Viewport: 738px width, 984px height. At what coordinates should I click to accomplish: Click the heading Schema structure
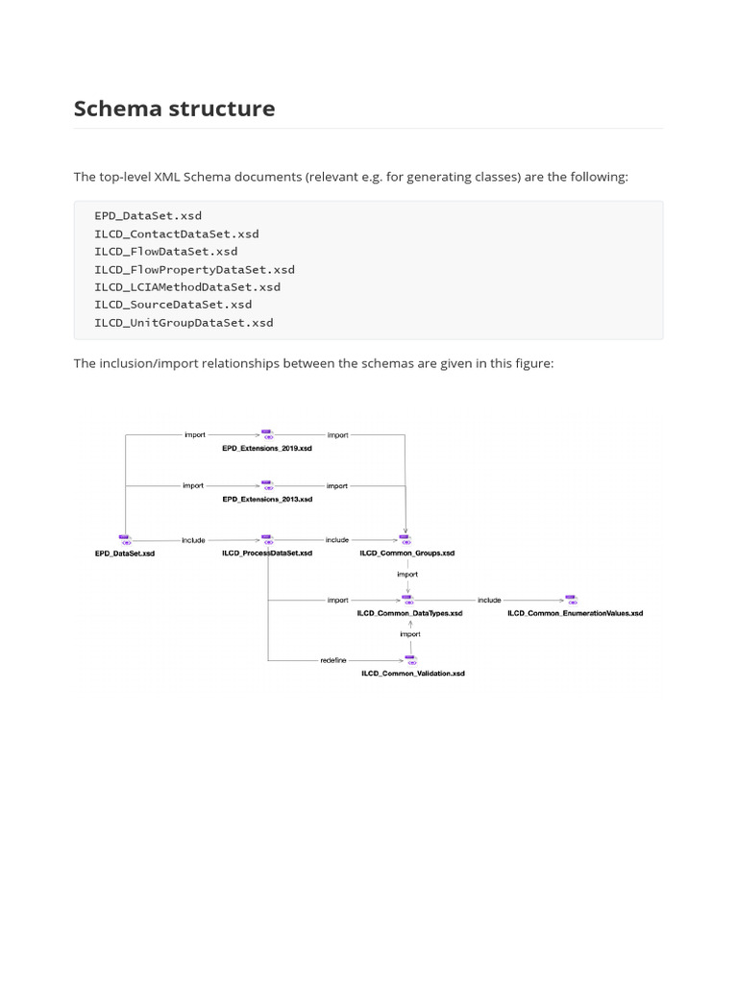click(174, 109)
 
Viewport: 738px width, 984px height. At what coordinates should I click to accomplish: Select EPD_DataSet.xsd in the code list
click(148, 215)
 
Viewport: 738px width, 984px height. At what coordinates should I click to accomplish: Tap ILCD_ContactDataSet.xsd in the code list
click(176, 234)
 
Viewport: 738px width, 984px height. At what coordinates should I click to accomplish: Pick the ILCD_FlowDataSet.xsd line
click(165, 251)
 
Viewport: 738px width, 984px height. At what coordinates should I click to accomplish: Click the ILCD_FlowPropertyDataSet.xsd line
click(194, 269)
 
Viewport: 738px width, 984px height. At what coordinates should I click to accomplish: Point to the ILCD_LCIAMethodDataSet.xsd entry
click(187, 286)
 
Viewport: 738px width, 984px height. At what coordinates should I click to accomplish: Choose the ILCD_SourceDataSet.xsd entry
click(173, 305)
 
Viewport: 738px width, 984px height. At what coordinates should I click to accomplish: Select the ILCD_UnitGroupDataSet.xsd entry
click(184, 322)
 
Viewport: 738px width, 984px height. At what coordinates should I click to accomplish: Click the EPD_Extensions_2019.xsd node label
click(266, 449)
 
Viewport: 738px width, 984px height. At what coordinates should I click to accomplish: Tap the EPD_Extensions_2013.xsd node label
click(266, 500)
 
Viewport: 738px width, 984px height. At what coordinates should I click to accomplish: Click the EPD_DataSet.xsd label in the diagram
click(124, 553)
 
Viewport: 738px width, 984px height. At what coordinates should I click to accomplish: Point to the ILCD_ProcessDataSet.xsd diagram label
click(266, 553)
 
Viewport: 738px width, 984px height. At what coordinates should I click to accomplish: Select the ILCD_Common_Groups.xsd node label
click(406, 553)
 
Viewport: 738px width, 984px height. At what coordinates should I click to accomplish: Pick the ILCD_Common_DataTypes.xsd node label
click(409, 613)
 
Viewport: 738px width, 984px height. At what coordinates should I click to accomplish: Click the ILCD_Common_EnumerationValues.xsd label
click(575, 613)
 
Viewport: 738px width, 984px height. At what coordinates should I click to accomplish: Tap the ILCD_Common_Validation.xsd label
click(412, 674)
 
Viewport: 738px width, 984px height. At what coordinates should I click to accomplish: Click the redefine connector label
click(333, 660)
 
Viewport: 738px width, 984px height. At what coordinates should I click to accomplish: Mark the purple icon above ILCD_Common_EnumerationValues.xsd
click(571, 600)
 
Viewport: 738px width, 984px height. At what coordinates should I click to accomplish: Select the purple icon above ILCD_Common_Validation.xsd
click(410, 660)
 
